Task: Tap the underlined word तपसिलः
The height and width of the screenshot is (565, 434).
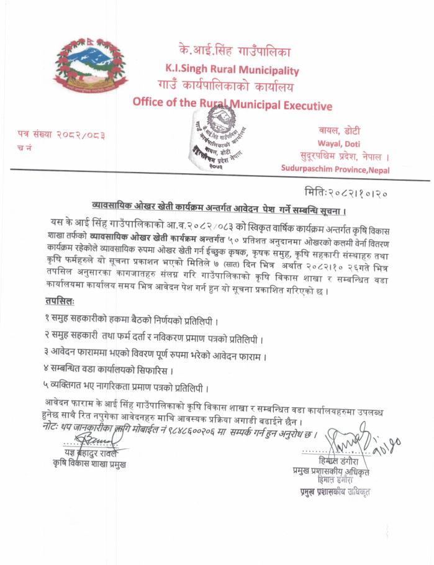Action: click(x=60, y=301)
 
